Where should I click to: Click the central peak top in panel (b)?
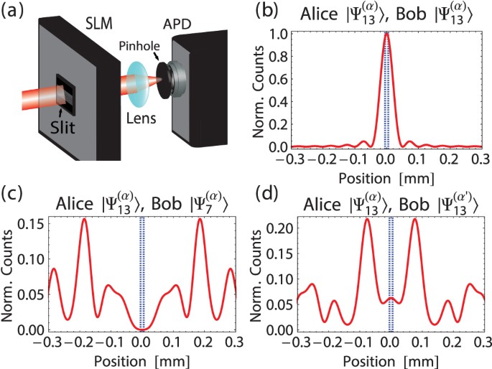coord(386,33)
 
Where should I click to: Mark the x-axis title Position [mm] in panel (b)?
coord(386,174)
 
